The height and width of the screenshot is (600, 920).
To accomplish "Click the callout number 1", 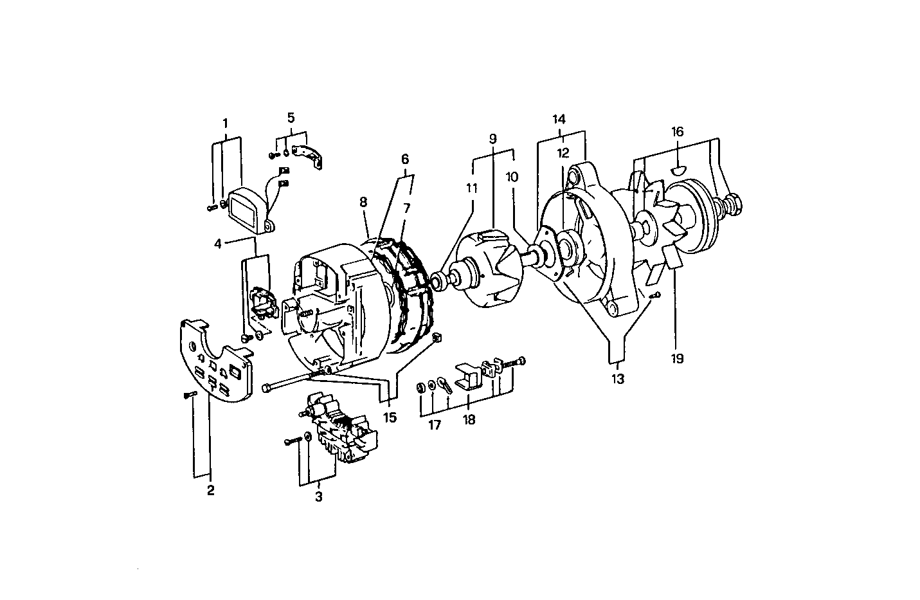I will [225, 122].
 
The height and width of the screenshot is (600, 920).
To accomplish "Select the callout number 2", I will [210, 491].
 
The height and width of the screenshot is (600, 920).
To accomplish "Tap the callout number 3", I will [318, 496].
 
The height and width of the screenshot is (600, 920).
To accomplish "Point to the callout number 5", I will [291, 118].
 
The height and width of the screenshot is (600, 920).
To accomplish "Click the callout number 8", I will [363, 201].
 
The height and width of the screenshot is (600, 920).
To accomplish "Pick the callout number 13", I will [617, 379].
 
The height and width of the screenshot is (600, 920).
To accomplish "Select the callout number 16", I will [678, 132].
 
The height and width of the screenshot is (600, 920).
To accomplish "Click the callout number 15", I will [390, 417].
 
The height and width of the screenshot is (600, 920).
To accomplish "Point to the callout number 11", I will [473, 188].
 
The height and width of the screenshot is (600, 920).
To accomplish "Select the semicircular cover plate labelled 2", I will [212, 360].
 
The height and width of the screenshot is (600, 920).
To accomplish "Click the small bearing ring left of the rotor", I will [440, 280].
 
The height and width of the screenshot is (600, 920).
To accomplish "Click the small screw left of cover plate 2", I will [190, 394].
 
